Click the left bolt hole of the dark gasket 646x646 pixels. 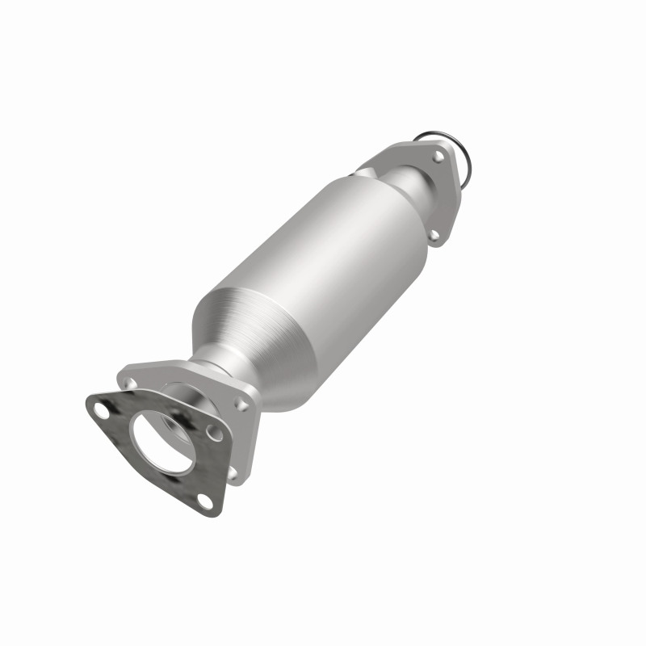point(99,408)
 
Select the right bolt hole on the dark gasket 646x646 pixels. point(215,434)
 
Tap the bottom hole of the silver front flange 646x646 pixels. point(233,471)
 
